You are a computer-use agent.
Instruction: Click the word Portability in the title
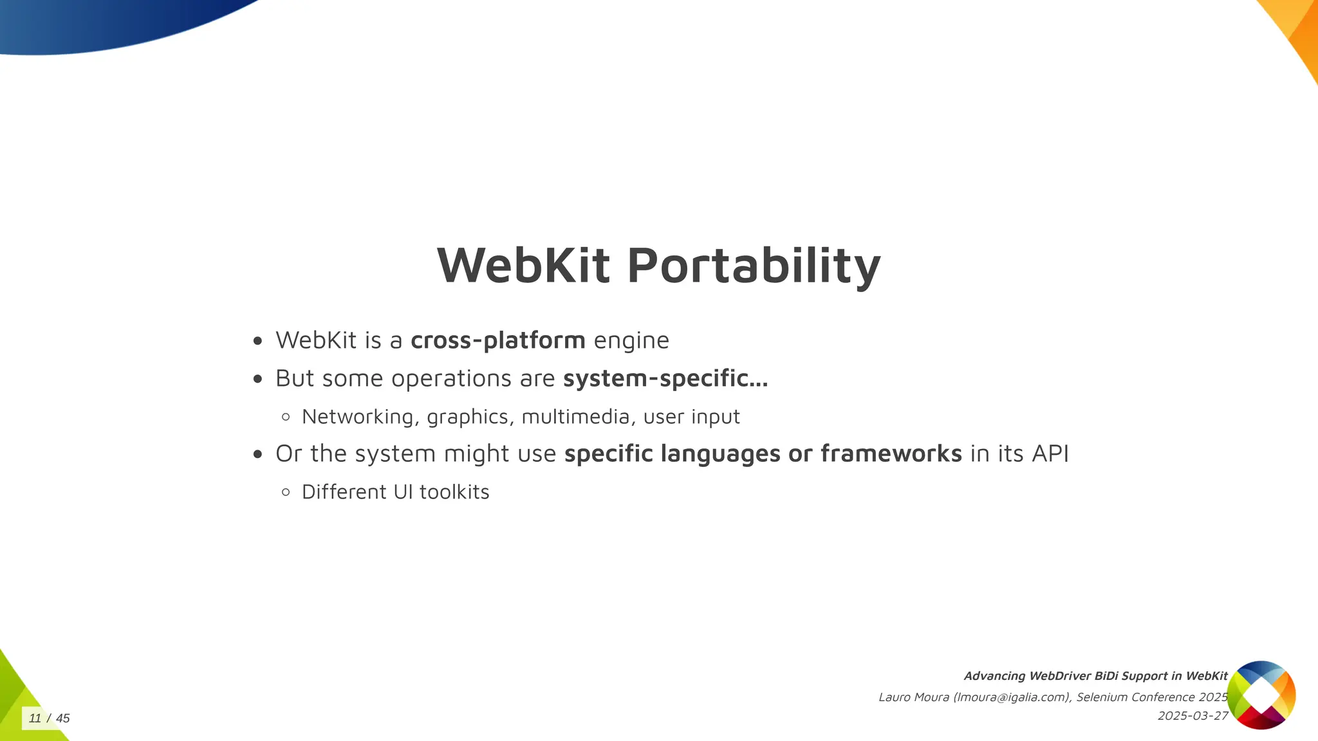[754, 266]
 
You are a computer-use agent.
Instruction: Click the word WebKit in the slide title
[523, 266]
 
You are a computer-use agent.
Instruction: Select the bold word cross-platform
[497, 340]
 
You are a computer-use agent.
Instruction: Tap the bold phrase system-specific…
[665, 378]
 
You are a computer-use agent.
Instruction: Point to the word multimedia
[575, 417]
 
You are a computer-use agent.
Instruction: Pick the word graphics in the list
[468, 417]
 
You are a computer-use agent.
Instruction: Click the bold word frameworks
[891, 453]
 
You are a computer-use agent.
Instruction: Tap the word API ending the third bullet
[1050, 453]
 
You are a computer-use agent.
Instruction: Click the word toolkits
[454, 492]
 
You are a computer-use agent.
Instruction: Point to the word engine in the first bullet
[631, 341]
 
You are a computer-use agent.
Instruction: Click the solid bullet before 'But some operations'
[258, 379]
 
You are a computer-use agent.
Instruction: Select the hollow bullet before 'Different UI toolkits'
[286, 492]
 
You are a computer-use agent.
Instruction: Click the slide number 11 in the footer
[35, 718]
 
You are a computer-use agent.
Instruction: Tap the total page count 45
[62, 718]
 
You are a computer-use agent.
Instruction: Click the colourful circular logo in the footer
[1261, 695]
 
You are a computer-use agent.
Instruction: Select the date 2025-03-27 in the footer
[1193, 716]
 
